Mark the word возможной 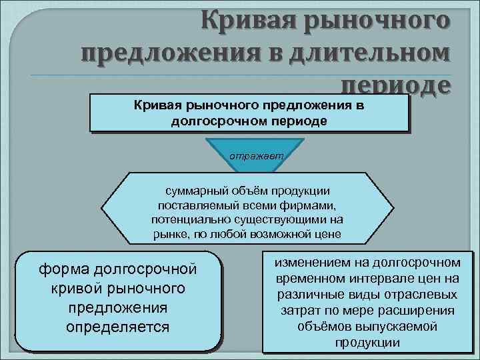[x=279, y=234]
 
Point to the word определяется [x=118, y=327]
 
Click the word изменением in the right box [x=313, y=262]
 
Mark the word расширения [x=421, y=310]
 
